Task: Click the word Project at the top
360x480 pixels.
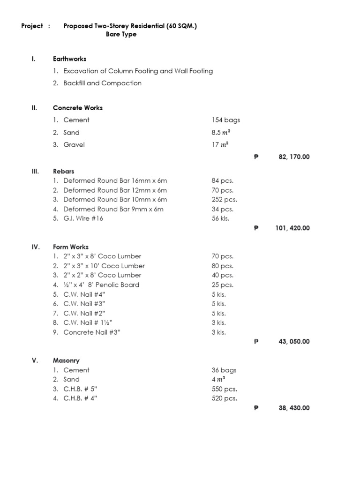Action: pos(32,26)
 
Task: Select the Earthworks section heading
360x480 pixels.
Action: pos(69,59)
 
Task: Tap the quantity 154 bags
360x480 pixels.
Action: pos(225,120)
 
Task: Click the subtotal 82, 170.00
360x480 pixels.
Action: pos(294,157)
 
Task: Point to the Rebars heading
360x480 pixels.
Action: pos(63,172)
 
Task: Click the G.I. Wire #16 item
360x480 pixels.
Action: pos(83,218)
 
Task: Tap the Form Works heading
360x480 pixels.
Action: pos(71,247)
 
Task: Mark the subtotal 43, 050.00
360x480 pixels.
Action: pos(294,342)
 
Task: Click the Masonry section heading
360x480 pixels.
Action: pos(66,361)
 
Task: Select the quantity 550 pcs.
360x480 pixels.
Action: pos(224,389)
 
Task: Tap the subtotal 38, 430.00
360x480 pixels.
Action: pos(294,408)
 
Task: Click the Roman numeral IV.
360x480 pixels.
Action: pos(36,247)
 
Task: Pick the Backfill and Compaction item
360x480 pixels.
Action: pos(102,83)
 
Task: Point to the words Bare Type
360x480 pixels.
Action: pos(121,35)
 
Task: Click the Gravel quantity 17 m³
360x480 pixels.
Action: pos(220,145)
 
